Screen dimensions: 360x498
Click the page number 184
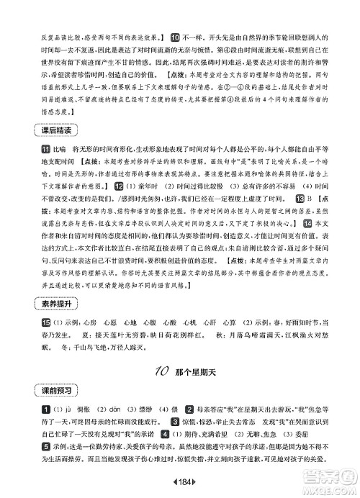coord(180,481)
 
